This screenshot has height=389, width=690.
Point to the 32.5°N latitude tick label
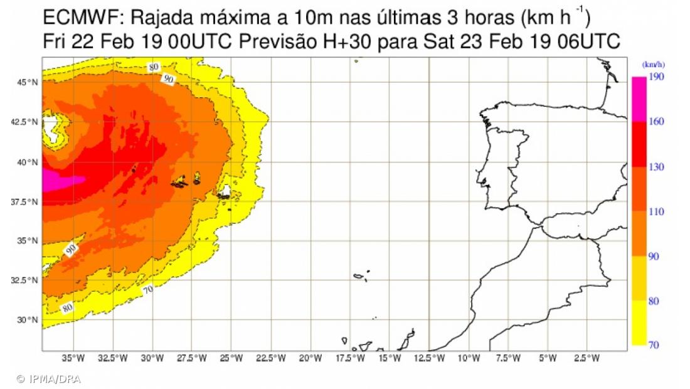pos(27,280)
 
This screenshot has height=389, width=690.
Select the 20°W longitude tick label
pos(310,358)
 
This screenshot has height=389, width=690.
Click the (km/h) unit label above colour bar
pos(653,65)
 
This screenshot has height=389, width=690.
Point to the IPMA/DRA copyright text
pos(49,379)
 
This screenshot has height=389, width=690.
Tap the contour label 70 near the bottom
pos(148,290)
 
